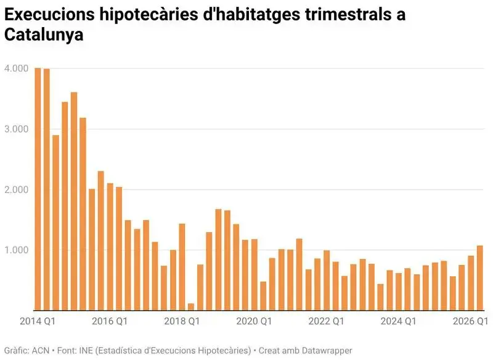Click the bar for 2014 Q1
pyautogui.click(x=38, y=189)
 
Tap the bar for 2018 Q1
pyautogui.click(x=182, y=268)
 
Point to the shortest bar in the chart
pyautogui.click(x=191, y=307)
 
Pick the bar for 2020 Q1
pyautogui.click(x=255, y=275)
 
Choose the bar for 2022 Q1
pyautogui.click(x=327, y=280)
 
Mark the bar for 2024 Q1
pyautogui.click(x=399, y=292)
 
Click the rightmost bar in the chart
pyautogui.click(x=480, y=278)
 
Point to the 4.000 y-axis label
pyautogui.click(x=17, y=68)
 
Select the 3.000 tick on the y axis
pyautogui.click(x=17, y=129)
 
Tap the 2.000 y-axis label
pyautogui.click(x=17, y=190)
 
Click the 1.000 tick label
pyautogui.click(x=17, y=250)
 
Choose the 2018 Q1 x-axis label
pyautogui.click(x=182, y=321)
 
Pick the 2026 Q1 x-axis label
pyautogui.click(x=470, y=321)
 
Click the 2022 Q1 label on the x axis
pyautogui.click(x=327, y=321)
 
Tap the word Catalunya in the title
pyautogui.click(x=44, y=35)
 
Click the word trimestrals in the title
pyautogui.click(x=345, y=14)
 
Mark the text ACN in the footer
pyautogui.click(x=41, y=350)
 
